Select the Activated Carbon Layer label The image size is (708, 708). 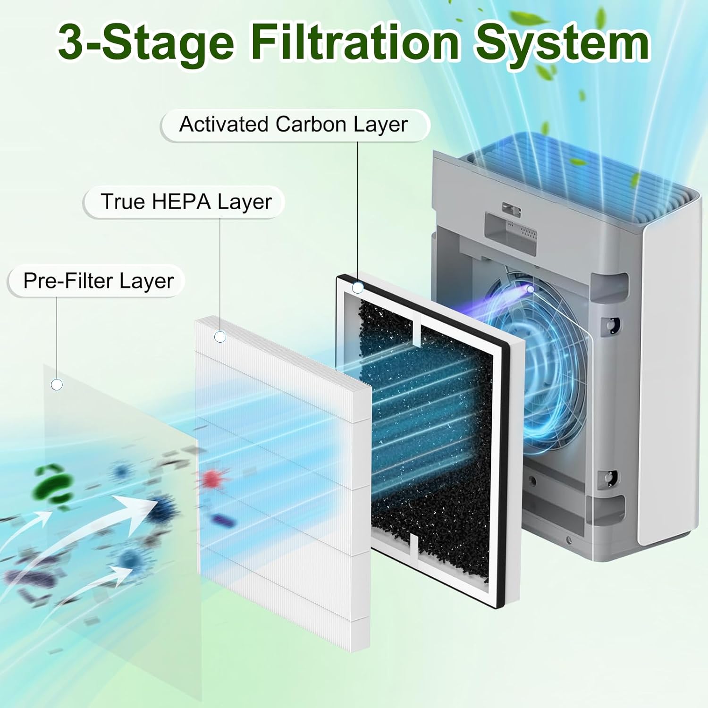point(294,125)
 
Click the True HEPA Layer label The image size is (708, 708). point(186,202)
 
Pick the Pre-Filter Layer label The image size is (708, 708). point(98,281)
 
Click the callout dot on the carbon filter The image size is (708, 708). point(358,287)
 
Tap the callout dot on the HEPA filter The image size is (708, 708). point(220,337)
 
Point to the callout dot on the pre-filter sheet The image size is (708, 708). point(57,385)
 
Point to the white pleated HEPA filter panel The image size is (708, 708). point(283,496)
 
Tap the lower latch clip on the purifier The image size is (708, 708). point(609,477)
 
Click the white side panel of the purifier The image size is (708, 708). point(670,378)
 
